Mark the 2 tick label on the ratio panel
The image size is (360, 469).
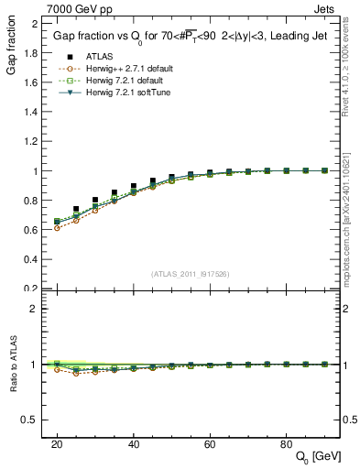point(32,309)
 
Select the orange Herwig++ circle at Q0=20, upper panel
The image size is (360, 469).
point(57,227)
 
